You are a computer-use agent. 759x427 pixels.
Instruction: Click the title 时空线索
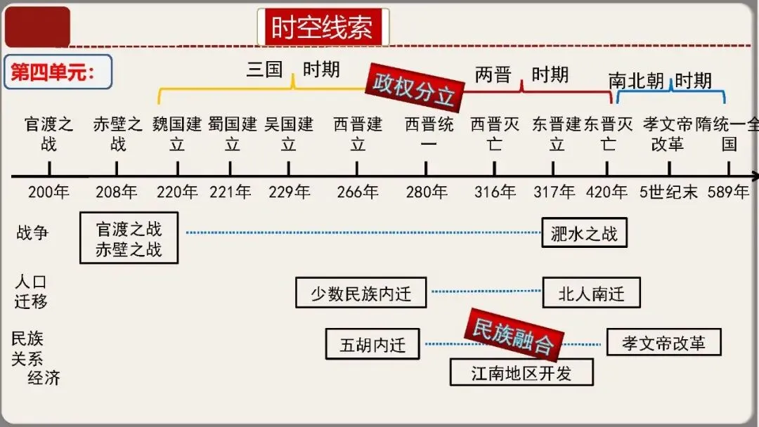point(323,27)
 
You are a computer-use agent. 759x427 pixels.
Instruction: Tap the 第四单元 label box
point(58,72)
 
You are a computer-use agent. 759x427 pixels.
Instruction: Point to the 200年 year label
point(48,192)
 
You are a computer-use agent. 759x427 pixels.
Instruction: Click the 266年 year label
point(357,192)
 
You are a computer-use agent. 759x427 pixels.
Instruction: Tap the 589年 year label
point(728,192)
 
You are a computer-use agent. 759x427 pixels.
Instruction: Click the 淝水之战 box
point(584,233)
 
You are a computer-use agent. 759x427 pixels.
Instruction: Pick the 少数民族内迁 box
point(361,293)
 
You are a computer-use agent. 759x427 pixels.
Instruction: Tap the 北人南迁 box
point(591,293)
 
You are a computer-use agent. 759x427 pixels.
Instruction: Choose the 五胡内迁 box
point(372,344)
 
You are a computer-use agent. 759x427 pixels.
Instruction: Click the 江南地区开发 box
point(521,372)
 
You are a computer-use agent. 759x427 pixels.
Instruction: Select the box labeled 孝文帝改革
point(663,343)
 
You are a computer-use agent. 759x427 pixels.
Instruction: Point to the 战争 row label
point(32,232)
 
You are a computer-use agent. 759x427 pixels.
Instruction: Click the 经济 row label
point(44,378)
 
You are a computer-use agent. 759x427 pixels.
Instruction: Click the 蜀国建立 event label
point(233,134)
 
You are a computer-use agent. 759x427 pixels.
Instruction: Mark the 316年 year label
point(494,192)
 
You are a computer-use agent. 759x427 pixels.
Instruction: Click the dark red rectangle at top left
point(37,27)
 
